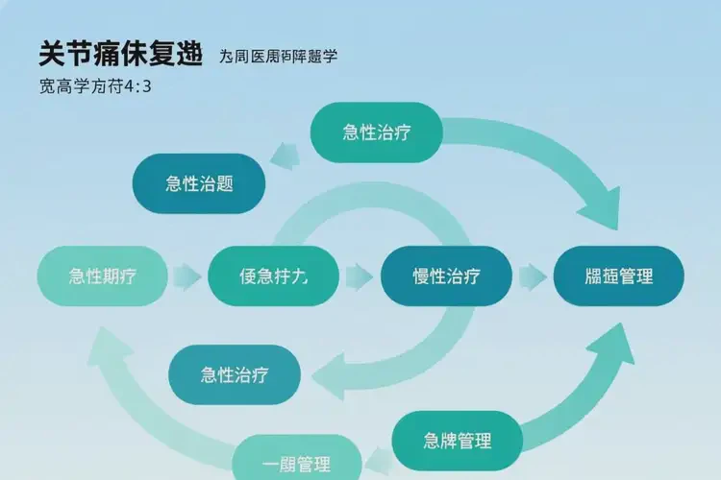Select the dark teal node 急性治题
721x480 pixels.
[x=199, y=183]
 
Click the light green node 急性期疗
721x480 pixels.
[x=102, y=276]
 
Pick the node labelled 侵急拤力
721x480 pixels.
[x=273, y=276]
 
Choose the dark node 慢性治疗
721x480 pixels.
[x=446, y=276]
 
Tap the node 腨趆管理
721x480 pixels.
[x=618, y=276]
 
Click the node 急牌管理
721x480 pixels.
[x=457, y=441]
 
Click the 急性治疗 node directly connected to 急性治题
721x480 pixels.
[x=377, y=132]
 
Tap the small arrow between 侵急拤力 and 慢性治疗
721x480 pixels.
[x=360, y=277]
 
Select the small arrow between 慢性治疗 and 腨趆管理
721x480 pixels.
[x=532, y=277]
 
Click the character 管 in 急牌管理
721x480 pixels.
[x=468, y=441]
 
